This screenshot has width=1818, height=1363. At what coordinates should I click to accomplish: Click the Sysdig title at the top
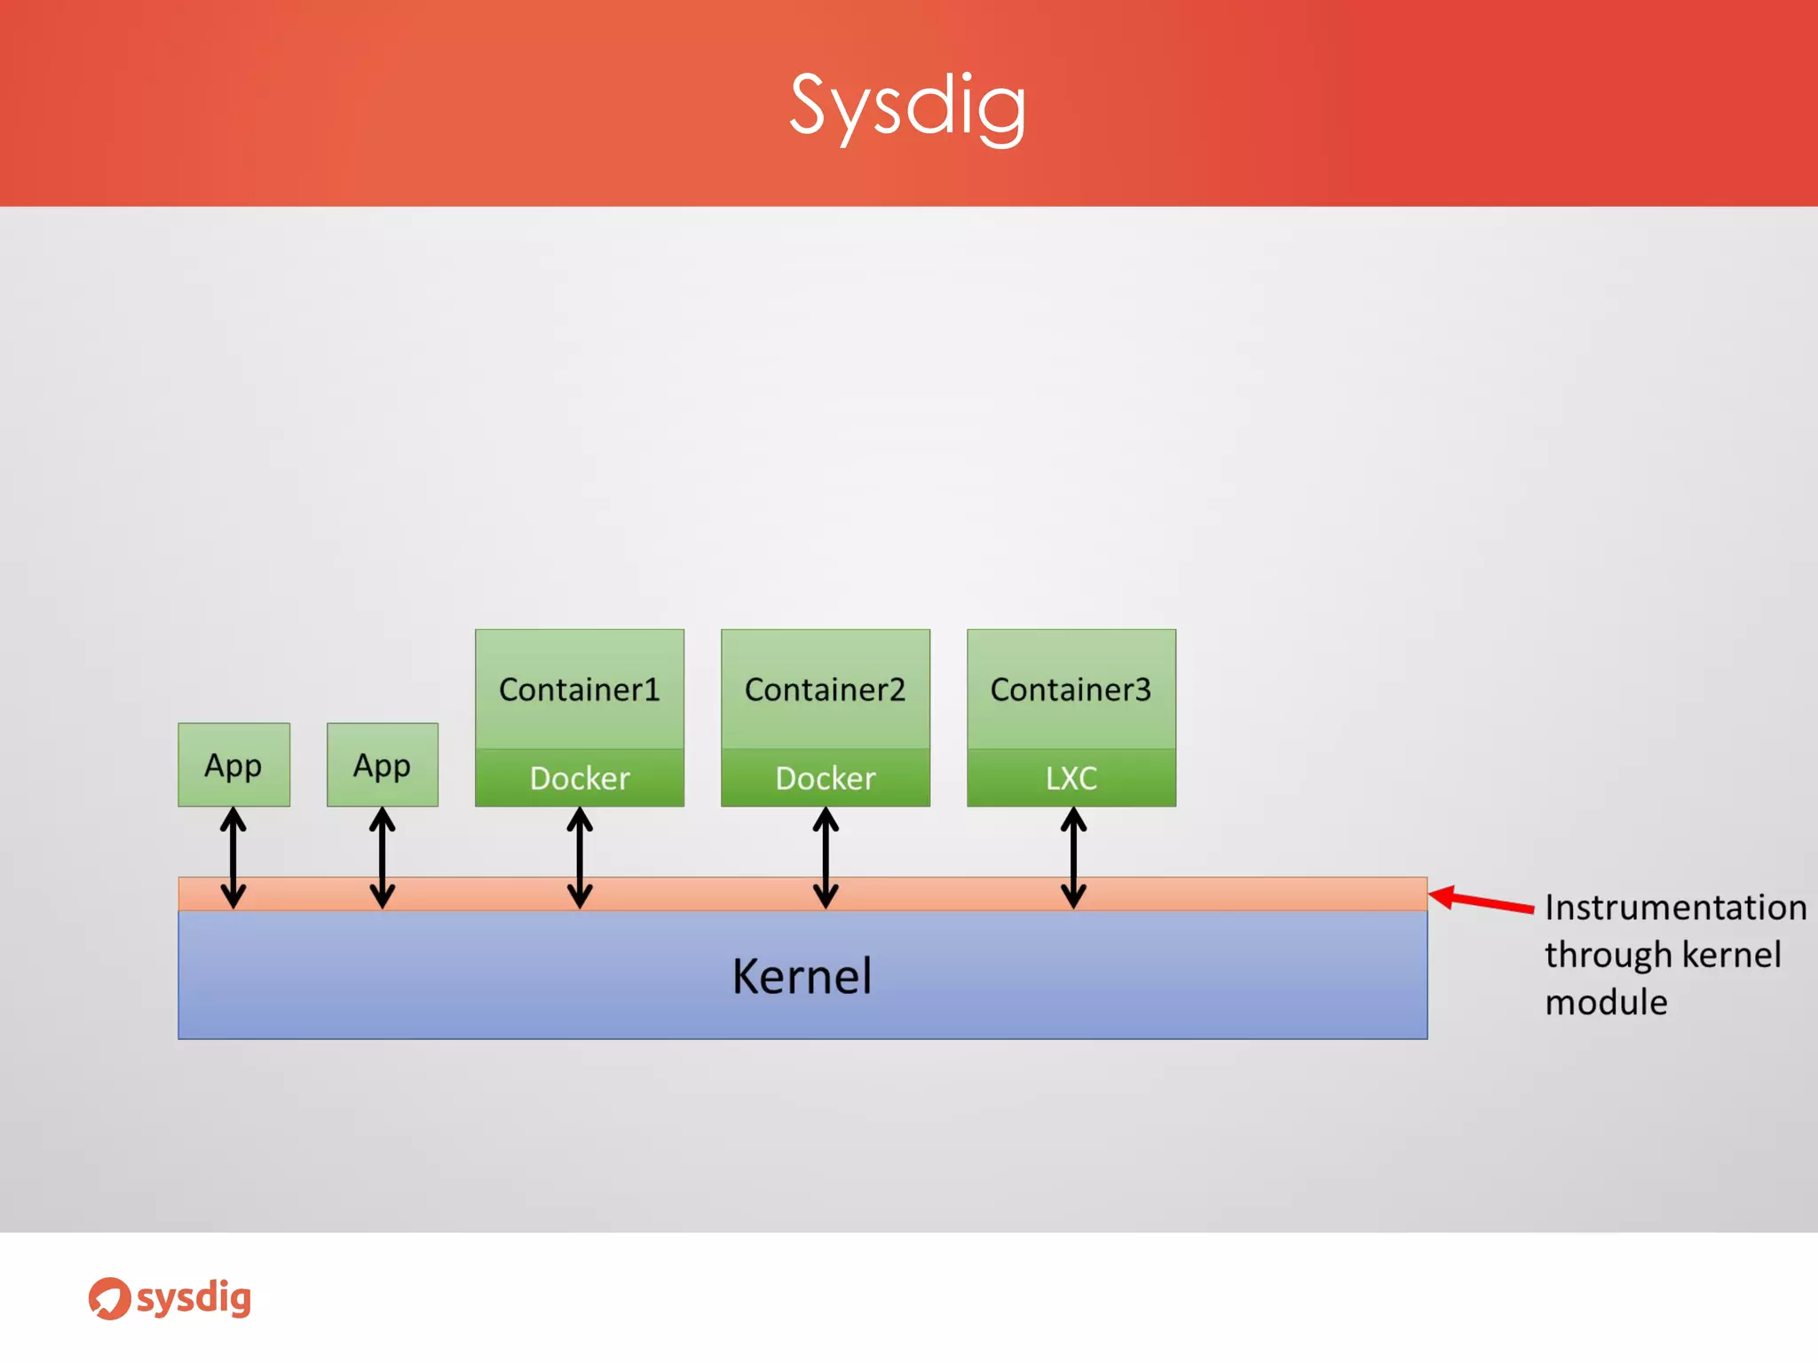point(907,106)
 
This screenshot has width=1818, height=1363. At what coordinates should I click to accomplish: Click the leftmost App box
point(233,765)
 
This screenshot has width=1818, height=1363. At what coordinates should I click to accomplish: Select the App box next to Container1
point(382,765)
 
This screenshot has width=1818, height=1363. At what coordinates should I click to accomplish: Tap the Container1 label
point(579,689)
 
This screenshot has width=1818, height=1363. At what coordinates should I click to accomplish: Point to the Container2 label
point(825,689)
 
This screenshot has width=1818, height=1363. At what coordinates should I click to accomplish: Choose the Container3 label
point(1071,689)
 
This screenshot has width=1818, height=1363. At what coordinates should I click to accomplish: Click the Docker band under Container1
point(579,778)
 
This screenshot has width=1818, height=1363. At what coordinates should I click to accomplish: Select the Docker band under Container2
point(825,778)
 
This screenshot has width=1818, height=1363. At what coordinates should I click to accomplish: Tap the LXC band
point(1071,778)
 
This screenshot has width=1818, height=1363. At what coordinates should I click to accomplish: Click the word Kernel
point(802,976)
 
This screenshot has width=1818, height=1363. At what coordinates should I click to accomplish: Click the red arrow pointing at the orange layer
point(1482,901)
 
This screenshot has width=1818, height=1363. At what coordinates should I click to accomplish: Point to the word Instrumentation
point(1675,908)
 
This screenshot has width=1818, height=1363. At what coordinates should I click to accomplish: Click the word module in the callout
point(1606,1003)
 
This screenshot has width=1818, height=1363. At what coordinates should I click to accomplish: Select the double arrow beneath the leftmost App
point(233,857)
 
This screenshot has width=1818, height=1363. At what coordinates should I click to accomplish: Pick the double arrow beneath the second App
point(382,857)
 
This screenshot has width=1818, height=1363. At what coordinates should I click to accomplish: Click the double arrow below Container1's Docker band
point(580,857)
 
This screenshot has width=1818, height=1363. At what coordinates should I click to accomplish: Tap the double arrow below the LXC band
point(1073,857)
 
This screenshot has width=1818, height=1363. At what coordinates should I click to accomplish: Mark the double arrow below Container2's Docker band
point(826,857)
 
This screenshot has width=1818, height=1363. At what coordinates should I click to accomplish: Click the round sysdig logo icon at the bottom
point(109,1298)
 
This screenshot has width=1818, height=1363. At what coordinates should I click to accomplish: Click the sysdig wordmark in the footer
point(194,1298)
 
